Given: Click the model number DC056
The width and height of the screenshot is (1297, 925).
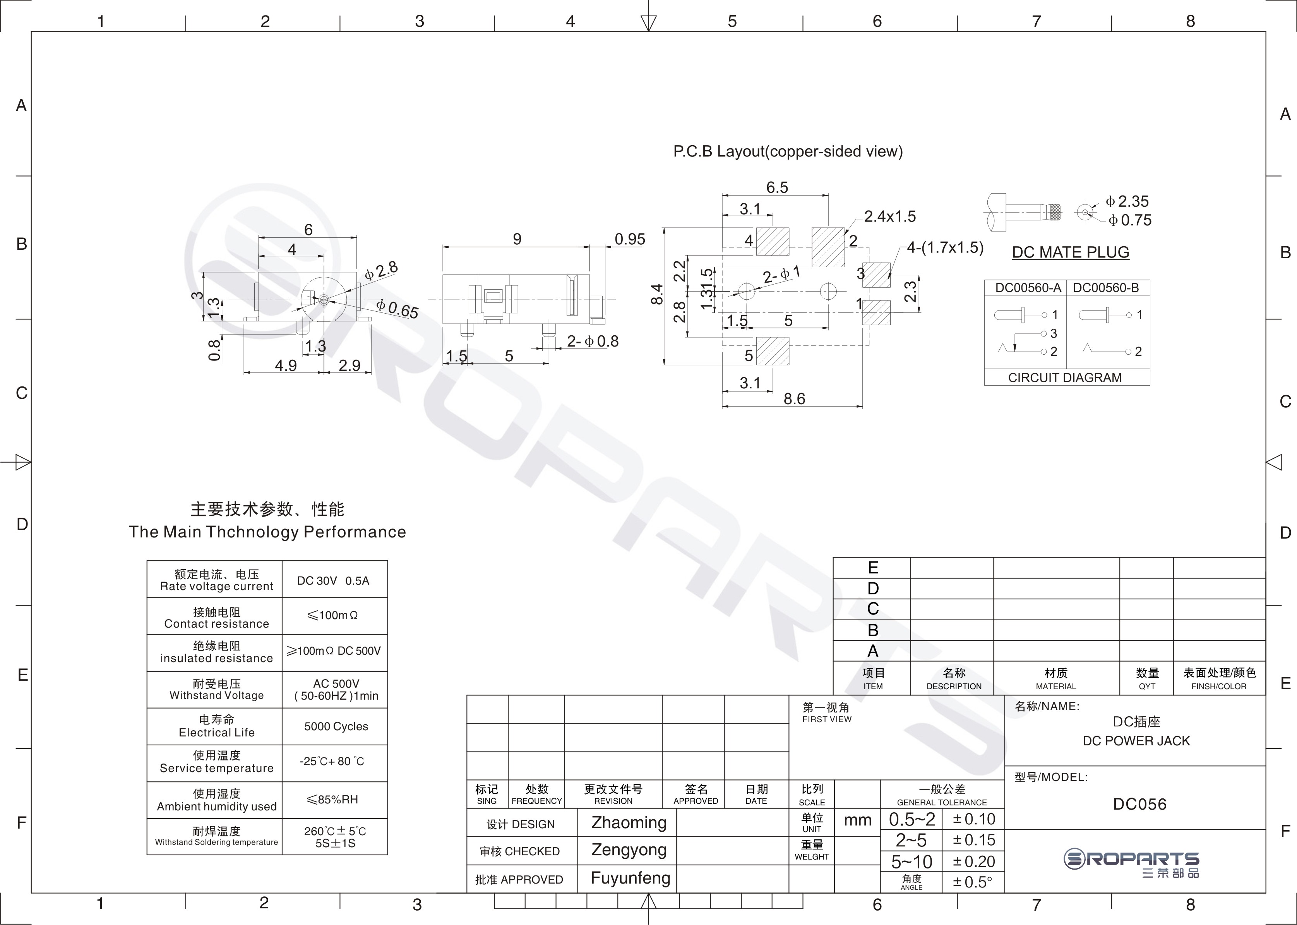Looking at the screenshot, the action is [x=1139, y=804].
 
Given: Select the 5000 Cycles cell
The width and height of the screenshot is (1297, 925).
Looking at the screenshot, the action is [x=336, y=726].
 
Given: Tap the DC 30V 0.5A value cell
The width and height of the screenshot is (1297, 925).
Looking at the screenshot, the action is [x=334, y=580].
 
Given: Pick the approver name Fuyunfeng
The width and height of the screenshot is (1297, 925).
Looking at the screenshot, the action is [x=630, y=878].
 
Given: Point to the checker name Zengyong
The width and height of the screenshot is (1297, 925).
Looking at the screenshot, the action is [x=629, y=850].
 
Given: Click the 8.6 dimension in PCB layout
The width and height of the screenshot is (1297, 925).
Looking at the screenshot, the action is [x=794, y=399].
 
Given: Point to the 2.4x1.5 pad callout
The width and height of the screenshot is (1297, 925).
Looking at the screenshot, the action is [x=890, y=216].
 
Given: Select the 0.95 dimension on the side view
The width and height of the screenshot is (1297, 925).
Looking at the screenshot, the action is [x=630, y=239].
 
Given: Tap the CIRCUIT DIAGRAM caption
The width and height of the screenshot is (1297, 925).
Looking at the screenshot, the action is [x=1065, y=378].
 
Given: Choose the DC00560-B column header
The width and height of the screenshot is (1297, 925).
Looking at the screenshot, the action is [x=1106, y=288].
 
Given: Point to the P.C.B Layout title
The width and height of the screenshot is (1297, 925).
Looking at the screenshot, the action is [x=788, y=151].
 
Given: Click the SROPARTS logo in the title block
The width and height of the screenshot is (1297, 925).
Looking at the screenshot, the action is [x=1131, y=863].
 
